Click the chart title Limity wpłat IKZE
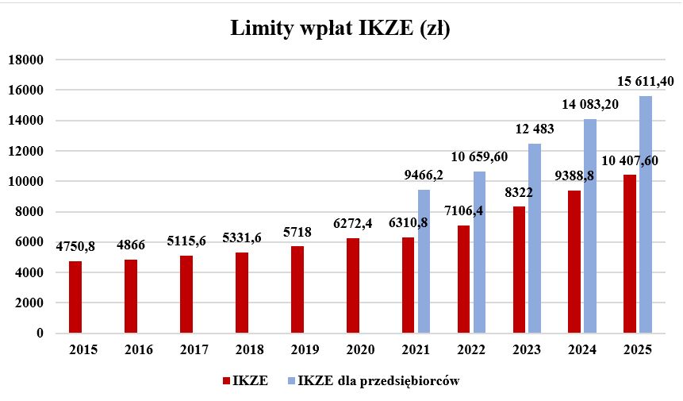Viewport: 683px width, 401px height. tap(340, 29)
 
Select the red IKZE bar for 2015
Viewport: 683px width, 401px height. tap(75, 297)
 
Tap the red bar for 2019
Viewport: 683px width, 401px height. tap(297, 290)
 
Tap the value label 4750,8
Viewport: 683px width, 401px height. tap(75, 246)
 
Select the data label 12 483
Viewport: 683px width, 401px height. tap(534, 129)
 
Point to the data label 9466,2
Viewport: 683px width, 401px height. tap(424, 176)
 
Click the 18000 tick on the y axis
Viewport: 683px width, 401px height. tap(25, 60)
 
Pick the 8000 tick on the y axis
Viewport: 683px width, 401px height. tap(29, 212)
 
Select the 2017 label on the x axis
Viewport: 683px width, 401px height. tap(194, 350)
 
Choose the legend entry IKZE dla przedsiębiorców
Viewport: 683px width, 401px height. tap(379, 381)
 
